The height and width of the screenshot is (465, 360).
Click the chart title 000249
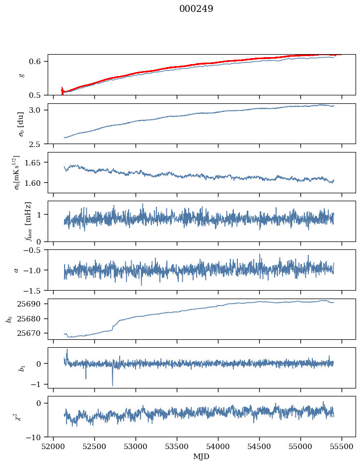click(196, 9)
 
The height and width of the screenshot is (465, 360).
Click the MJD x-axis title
click(202, 456)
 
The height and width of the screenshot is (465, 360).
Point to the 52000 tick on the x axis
click(54, 446)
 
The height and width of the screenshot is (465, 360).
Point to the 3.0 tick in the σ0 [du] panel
click(39, 110)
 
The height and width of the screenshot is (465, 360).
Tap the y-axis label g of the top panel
click(21, 75)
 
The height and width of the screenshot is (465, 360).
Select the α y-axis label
click(16, 270)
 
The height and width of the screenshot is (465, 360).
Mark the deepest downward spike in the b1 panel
click(112, 385)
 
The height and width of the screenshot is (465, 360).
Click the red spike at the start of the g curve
click(62, 90)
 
